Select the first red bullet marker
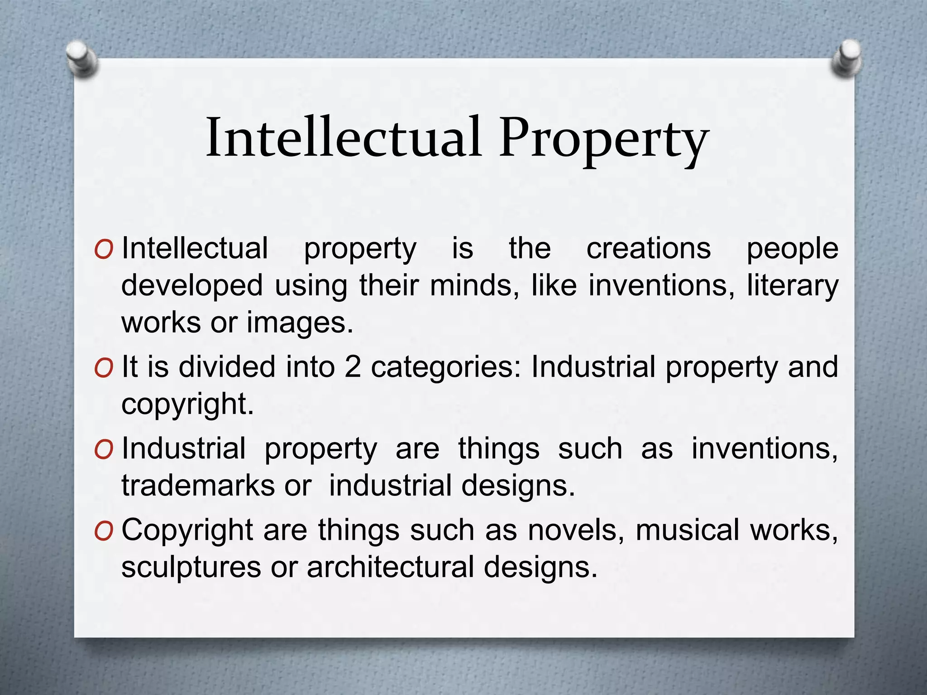pyautogui.click(x=104, y=250)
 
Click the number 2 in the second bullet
pyautogui.click(x=353, y=367)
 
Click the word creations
pyautogui.click(x=649, y=248)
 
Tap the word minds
pyautogui.click(x=474, y=286)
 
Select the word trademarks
pyautogui.click(x=198, y=486)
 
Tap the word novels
pyautogui.click(x=576, y=530)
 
